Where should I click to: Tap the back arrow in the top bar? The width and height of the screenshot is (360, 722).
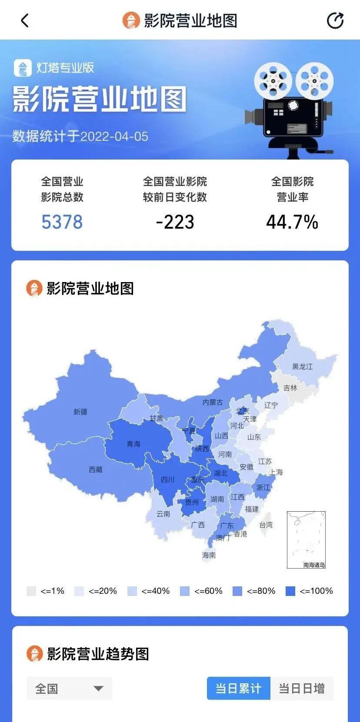click(x=25, y=20)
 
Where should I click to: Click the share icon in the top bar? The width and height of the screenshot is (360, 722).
click(x=335, y=20)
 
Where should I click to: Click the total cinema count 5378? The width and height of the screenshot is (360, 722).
click(x=62, y=222)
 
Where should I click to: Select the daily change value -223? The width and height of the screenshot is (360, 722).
click(x=175, y=222)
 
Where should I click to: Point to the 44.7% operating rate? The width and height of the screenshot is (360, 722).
click(x=292, y=222)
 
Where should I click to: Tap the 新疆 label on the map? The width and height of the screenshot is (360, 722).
click(x=80, y=412)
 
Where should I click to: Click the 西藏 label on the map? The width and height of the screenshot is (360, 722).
click(x=96, y=469)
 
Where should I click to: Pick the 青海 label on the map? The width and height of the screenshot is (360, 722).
click(x=133, y=444)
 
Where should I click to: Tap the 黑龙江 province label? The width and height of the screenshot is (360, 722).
click(x=302, y=366)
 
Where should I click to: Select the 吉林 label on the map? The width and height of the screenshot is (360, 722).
click(x=290, y=388)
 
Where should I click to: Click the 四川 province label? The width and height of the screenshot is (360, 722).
click(x=167, y=479)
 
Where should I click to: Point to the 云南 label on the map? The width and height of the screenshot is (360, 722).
click(x=163, y=514)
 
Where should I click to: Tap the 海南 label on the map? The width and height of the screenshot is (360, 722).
click(x=209, y=555)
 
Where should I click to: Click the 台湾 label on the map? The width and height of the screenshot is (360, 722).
click(x=266, y=525)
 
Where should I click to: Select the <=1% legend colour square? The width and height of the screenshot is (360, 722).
click(x=31, y=591)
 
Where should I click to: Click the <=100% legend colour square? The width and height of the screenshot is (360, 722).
click(x=290, y=591)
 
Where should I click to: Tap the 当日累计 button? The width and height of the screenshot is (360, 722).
click(x=238, y=689)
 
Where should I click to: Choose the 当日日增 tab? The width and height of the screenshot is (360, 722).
click(x=302, y=689)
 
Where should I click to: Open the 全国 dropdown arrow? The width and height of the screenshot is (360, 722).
click(x=99, y=689)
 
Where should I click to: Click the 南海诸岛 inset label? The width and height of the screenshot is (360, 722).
click(x=314, y=565)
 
